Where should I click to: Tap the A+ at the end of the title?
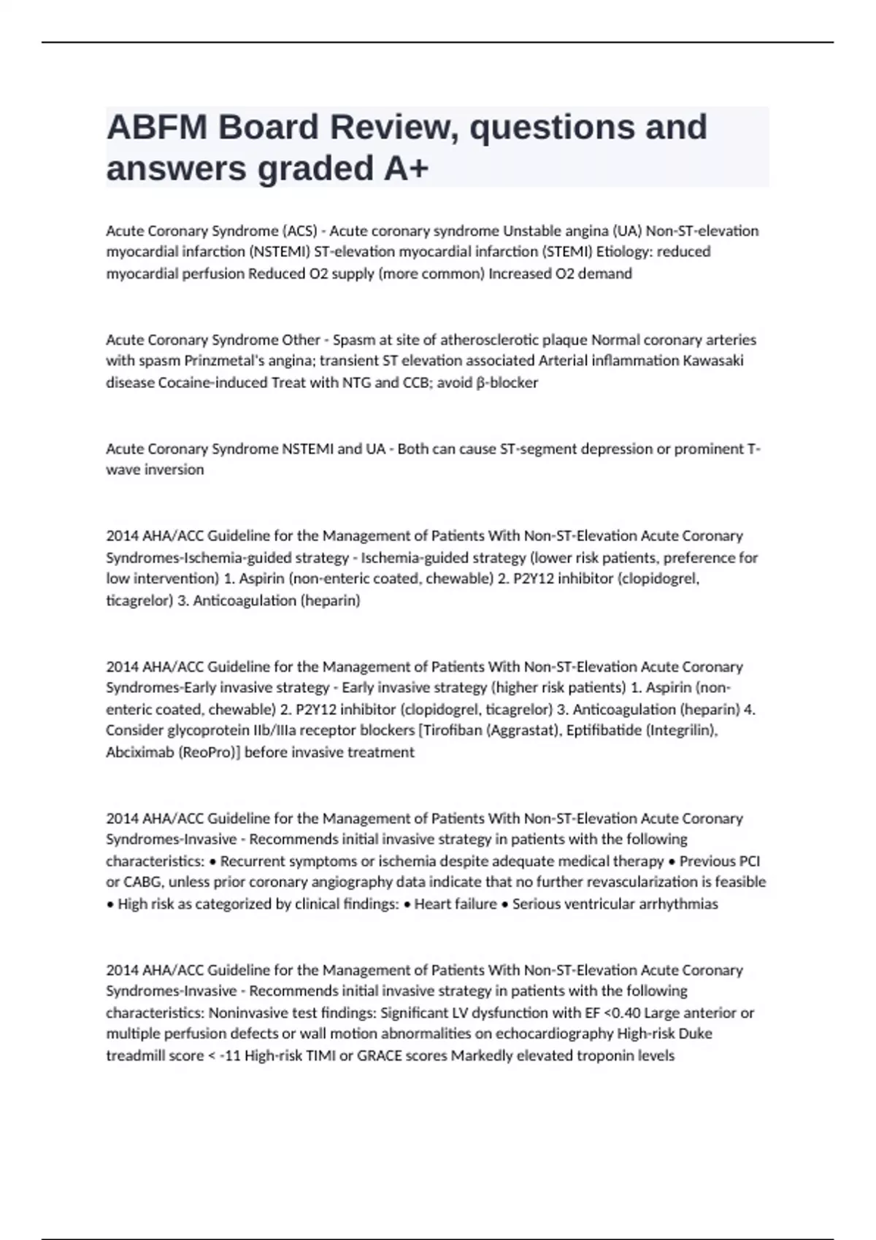click(x=405, y=168)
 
